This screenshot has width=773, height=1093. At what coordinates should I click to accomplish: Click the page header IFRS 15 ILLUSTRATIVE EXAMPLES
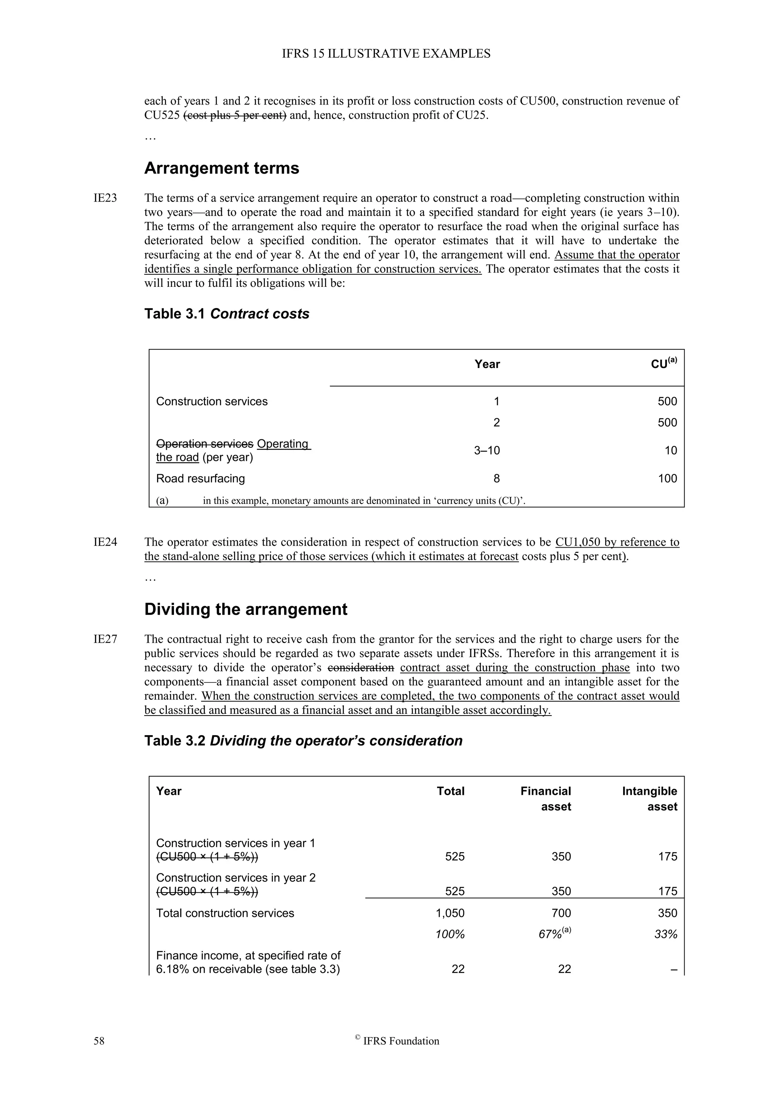click(386, 54)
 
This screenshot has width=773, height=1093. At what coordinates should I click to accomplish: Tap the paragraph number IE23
click(105, 198)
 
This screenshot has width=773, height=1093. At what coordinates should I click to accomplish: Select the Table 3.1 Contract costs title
click(226, 314)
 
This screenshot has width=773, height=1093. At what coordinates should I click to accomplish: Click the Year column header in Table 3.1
click(487, 364)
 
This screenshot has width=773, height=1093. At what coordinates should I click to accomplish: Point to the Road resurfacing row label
click(200, 479)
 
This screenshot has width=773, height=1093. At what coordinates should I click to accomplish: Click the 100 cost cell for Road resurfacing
click(667, 479)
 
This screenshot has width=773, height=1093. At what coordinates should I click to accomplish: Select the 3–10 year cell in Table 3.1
click(487, 450)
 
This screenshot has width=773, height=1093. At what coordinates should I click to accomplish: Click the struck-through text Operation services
click(205, 444)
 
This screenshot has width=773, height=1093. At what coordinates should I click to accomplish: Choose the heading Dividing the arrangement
click(246, 609)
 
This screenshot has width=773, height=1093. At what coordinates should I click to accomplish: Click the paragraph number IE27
click(105, 639)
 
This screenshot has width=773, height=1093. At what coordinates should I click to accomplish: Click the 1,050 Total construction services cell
click(450, 913)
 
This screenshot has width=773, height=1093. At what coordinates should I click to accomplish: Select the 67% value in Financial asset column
click(551, 934)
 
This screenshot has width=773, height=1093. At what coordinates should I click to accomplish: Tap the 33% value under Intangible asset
click(667, 934)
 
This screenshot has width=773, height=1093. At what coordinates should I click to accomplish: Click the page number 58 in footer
click(99, 1041)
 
